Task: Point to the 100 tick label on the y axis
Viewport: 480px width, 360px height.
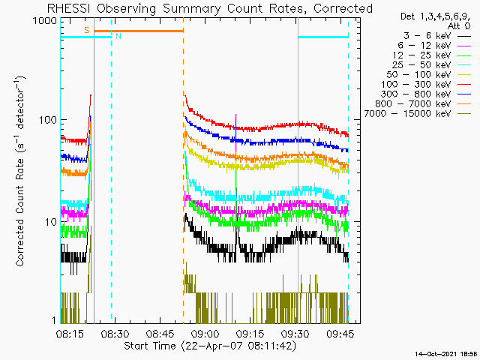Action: coord(46,120)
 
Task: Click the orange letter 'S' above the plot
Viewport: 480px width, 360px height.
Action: coord(87,29)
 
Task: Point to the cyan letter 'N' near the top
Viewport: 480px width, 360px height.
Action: coord(118,36)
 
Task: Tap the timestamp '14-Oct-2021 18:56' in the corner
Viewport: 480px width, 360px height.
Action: coord(446,352)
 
